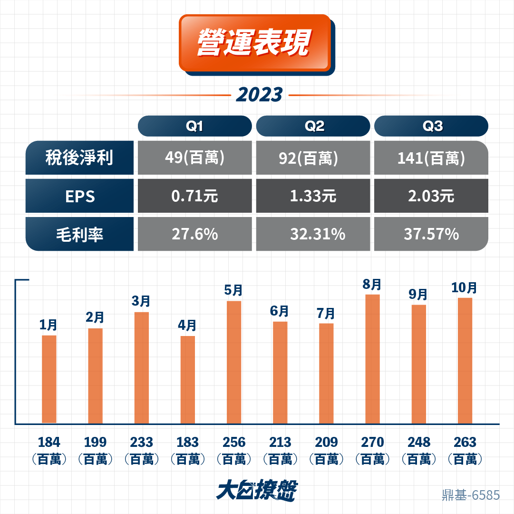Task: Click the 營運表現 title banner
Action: [257, 45]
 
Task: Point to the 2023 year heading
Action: [259, 95]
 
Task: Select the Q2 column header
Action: [313, 126]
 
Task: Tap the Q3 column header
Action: [431, 126]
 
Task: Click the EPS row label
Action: [80, 196]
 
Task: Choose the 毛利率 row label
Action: [80, 234]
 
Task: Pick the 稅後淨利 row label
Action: [80, 158]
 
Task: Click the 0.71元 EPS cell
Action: [195, 196]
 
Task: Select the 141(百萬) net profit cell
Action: [431, 158]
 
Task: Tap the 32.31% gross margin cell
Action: [313, 234]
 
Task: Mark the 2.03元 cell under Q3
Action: [431, 196]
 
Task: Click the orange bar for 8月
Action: [373, 359]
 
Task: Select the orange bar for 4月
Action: [188, 379]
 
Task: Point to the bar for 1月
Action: [49, 379]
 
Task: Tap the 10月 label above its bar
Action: [464, 287]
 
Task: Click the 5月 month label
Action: [233, 290]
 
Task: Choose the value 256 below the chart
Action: [234, 442]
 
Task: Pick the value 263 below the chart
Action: [465, 442]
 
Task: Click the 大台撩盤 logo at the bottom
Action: [257, 490]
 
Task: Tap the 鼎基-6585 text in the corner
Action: [471, 495]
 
